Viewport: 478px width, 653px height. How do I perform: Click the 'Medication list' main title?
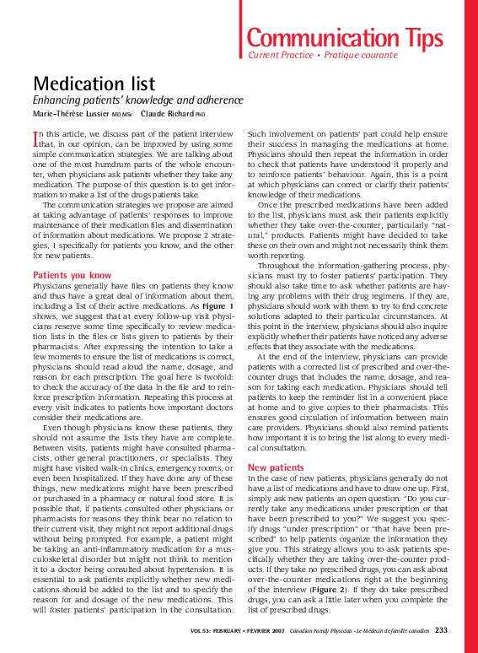tap(94, 83)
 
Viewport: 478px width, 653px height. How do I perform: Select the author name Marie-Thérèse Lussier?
tap(71, 113)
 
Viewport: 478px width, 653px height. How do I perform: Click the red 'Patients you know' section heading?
tap(72, 275)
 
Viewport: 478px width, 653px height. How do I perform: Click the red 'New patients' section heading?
tap(276, 467)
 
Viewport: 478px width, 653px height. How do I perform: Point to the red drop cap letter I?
tap(35, 138)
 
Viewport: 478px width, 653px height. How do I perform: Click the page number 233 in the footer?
tap(441, 630)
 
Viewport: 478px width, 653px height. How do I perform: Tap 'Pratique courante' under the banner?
tap(360, 55)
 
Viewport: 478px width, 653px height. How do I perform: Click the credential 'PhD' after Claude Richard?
tap(201, 114)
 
